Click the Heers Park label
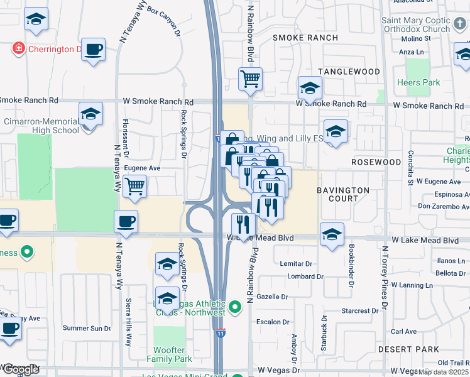click(418, 83)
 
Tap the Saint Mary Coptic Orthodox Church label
click(416, 25)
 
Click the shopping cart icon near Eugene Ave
click(135, 187)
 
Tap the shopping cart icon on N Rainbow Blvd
click(250, 79)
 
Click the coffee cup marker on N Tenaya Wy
click(125, 221)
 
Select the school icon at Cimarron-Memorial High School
click(90, 115)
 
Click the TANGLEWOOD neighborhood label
click(349, 72)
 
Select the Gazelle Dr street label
click(272, 297)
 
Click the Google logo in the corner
click(21, 369)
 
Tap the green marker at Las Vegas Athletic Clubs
click(235, 307)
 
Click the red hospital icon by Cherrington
click(18, 48)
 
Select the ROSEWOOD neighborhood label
click(376, 162)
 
